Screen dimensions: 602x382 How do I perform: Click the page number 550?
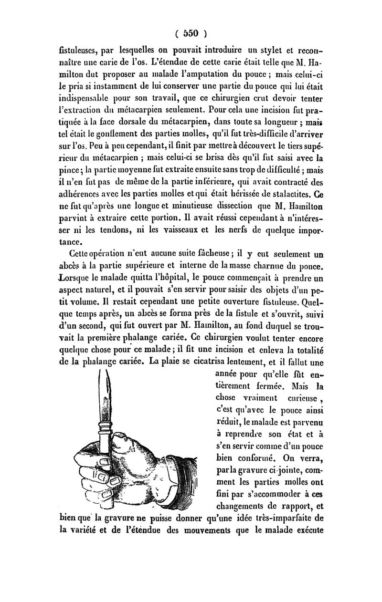[191, 34]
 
